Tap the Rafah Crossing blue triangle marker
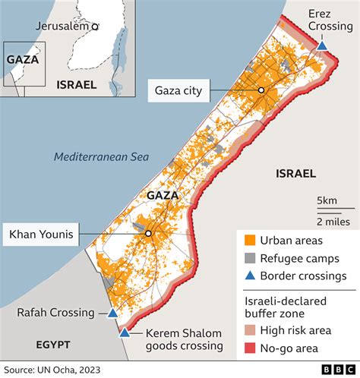(112, 313)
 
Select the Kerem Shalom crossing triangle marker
(124, 332)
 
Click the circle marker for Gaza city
(261, 90)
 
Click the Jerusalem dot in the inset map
(95, 26)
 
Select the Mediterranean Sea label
(101, 157)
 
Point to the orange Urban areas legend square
(249, 241)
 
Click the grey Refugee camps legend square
(249, 258)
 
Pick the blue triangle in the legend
(249, 276)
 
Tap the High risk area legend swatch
(249, 331)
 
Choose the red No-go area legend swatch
(249, 348)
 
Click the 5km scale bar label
(327, 200)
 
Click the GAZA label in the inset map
(22, 58)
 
